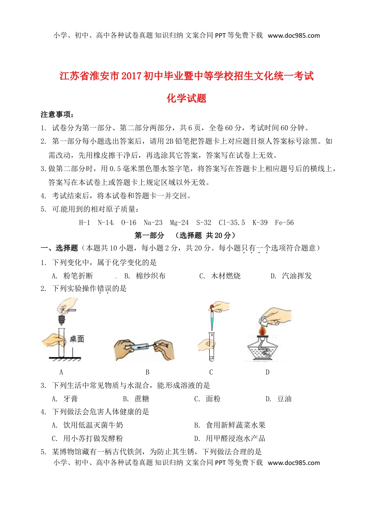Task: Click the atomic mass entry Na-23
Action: (153, 223)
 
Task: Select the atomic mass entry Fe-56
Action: (284, 223)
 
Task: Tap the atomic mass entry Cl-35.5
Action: (232, 223)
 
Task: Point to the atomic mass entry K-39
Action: (260, 223)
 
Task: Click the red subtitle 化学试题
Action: (186, 98)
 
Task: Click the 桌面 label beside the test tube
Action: (77, 339)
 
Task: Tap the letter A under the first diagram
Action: (61, 372)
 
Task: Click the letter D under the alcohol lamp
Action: (267, 372)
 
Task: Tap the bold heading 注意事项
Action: (57, 114)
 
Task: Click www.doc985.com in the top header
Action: (294, 35)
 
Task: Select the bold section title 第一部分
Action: (149, 235)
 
